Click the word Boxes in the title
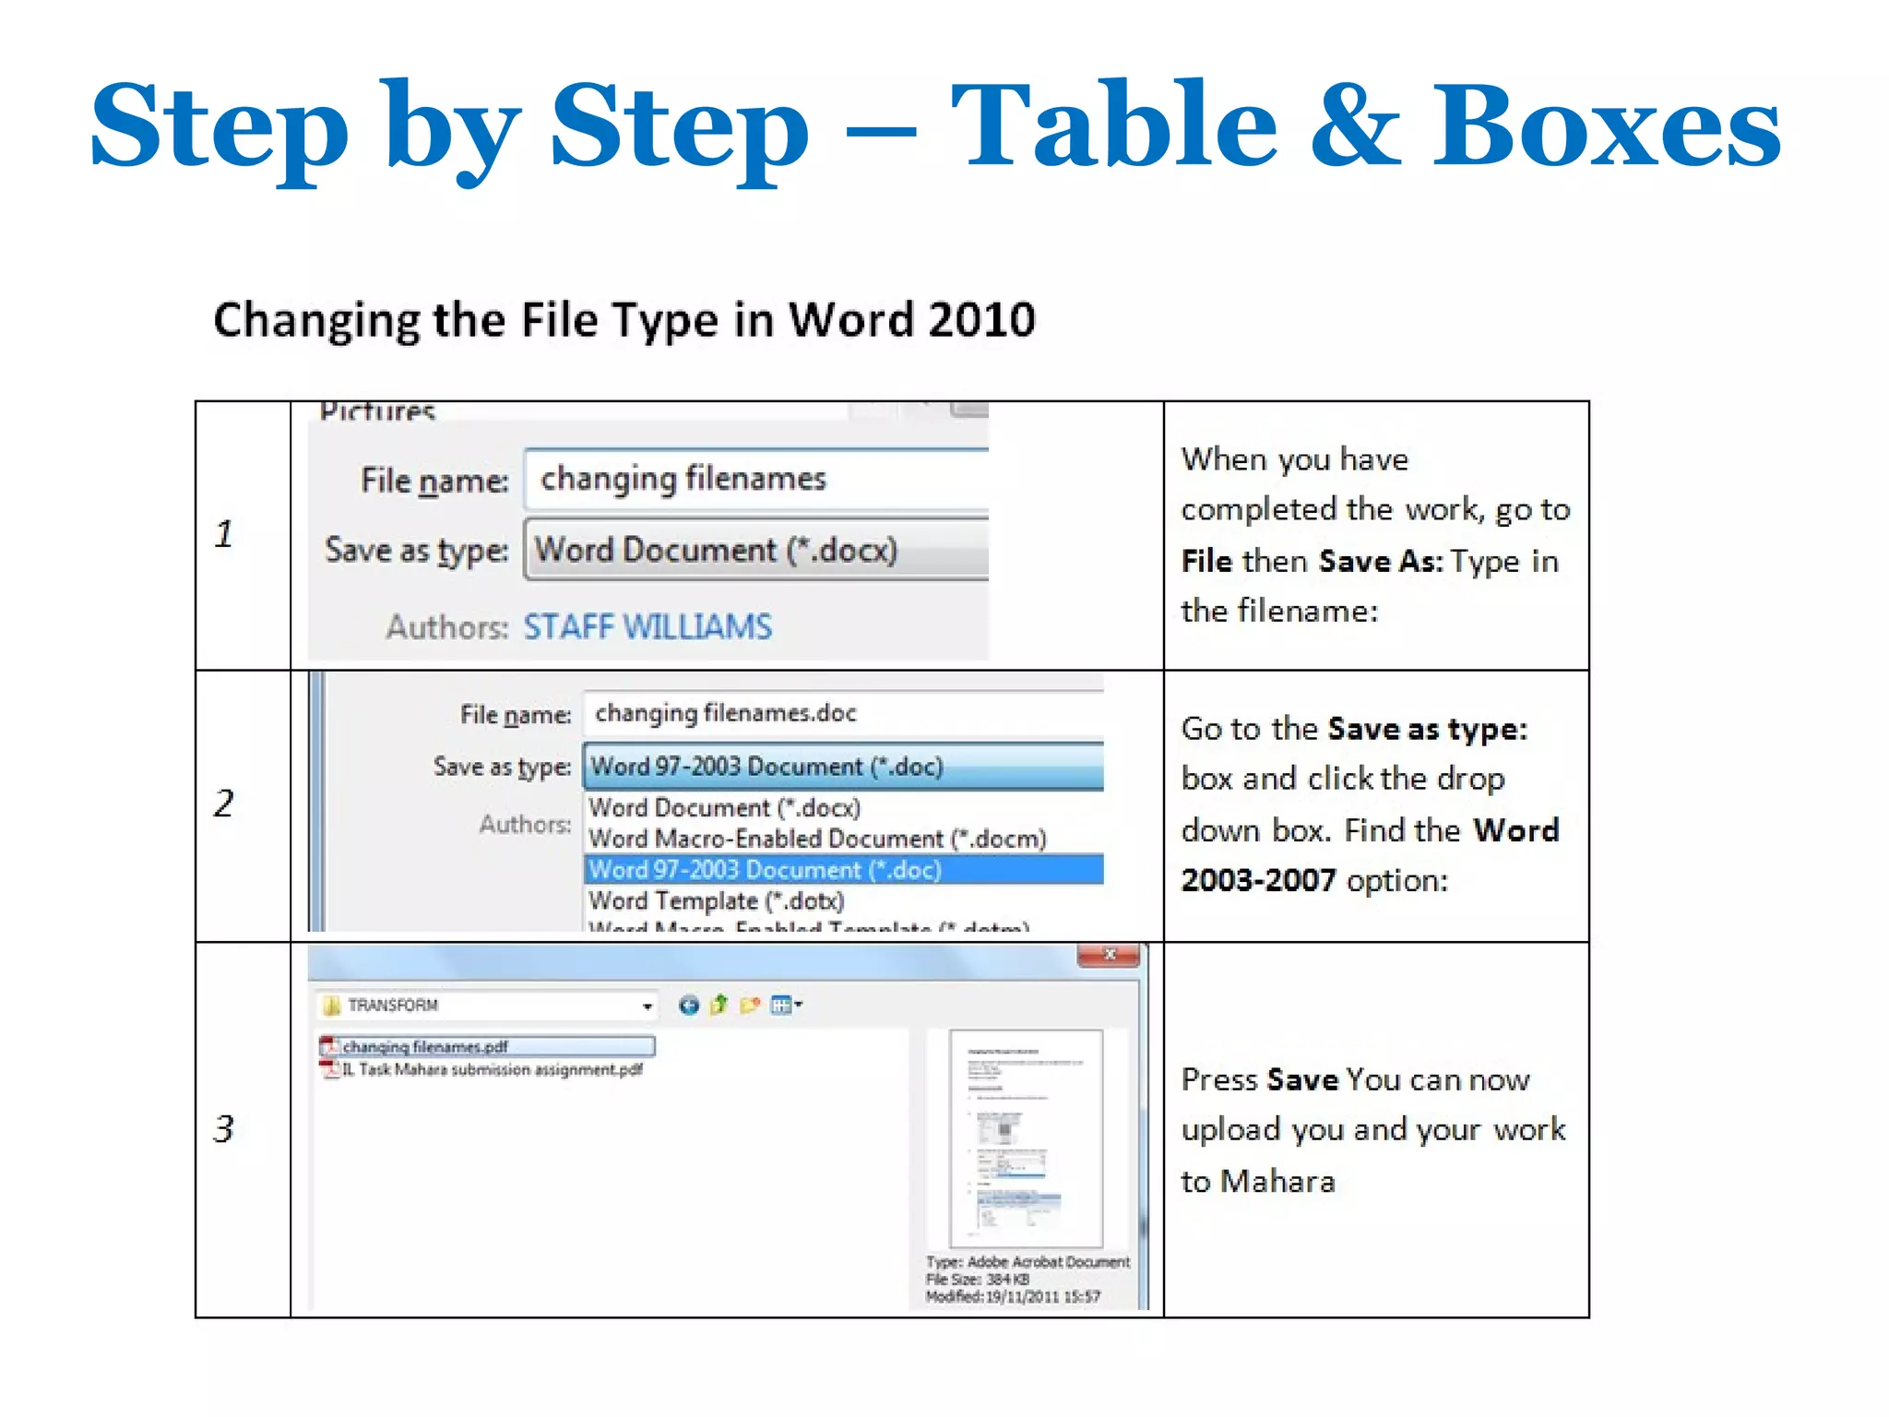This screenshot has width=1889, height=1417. [1606, 126]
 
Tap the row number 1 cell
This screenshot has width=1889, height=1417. [224, 534]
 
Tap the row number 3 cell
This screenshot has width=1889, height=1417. [224, 1129]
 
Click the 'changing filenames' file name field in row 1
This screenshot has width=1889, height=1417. [754, 479]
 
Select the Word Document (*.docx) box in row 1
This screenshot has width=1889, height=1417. [754, 550]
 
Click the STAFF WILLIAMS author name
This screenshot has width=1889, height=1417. [647, 627]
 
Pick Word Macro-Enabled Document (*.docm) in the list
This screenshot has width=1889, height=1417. [817, 839]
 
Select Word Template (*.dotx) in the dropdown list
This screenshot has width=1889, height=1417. [716, 900]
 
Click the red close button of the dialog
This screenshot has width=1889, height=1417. [1110, 956]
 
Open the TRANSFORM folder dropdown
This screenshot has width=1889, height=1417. [647, 1006]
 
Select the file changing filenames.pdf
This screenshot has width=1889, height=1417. [424, 1047]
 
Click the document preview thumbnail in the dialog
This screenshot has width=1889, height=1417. [1026, 1138]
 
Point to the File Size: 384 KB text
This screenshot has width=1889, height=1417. [977, 1280]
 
